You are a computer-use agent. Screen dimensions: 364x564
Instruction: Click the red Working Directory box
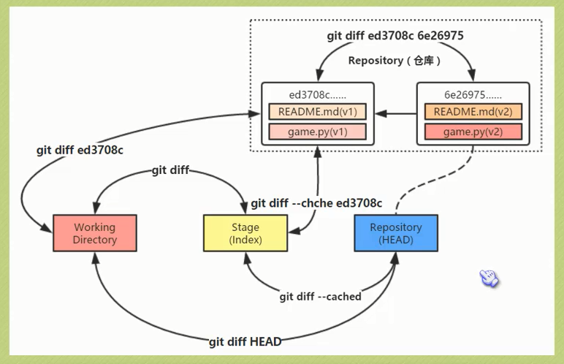coord(96,233)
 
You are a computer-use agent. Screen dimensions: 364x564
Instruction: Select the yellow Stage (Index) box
coord(245,233)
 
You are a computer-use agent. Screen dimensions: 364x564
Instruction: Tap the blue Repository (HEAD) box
coord(396,233)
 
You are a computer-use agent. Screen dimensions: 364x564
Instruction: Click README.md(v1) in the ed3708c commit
coord(318,112)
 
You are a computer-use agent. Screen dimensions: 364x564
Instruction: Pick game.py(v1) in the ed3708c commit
coord(318,132)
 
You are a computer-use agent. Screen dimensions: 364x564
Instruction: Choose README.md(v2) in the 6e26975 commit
coord(473,112)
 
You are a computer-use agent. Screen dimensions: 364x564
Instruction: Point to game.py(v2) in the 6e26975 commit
coord(473,132)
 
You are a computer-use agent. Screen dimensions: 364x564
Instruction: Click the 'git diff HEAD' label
coord(245,341)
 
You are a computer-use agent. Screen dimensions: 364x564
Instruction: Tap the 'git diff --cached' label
coord(320,297)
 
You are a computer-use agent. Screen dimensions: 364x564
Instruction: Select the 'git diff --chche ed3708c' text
coord(316,202)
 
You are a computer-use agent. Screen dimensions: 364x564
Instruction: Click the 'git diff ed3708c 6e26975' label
coord(395,36)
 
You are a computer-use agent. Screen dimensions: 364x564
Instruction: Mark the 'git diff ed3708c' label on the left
coord(80,151)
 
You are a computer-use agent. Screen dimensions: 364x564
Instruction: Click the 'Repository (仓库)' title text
coord(395,61)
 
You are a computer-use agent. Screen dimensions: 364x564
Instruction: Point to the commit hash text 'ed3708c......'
coord(318,94)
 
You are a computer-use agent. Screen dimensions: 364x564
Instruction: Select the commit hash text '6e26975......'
coord(473,94)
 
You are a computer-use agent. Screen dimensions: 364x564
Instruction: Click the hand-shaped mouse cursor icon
coord(488,278)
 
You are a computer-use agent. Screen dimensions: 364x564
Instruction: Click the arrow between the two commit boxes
coord(395,113)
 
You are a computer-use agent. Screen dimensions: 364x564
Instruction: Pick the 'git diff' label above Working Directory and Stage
coord(170,170)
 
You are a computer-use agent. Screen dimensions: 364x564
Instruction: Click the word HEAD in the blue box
coord(396,240)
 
